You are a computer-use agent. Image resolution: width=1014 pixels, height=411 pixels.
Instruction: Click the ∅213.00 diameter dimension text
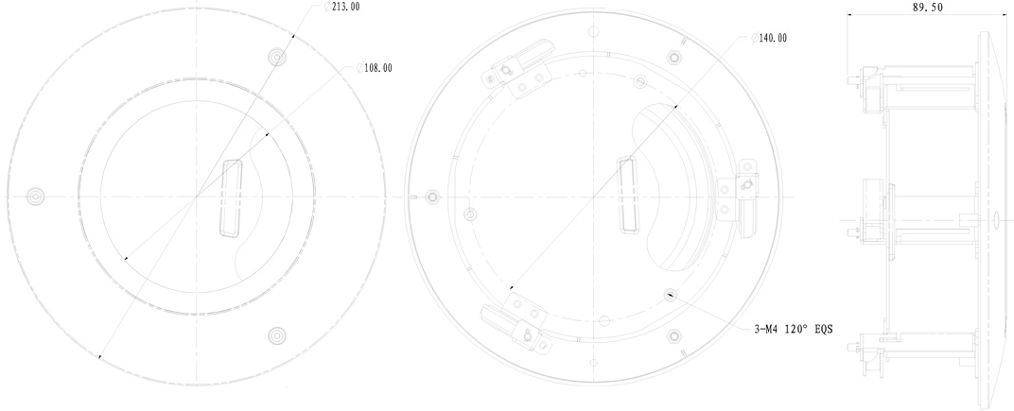pos(342,8)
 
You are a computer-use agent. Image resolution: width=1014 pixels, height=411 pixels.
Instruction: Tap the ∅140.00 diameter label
pos(769,38)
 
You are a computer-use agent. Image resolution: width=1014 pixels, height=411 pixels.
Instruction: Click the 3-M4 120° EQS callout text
pos(793,329)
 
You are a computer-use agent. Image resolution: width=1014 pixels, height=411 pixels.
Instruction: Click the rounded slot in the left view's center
pos(232,197)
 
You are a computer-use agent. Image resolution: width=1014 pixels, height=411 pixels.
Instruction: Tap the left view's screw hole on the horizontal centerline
pos(35,196)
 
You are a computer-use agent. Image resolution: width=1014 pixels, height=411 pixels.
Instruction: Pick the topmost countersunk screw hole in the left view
pos(277,57)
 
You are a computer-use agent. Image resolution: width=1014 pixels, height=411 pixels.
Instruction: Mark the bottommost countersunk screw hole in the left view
pos(277,334)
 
